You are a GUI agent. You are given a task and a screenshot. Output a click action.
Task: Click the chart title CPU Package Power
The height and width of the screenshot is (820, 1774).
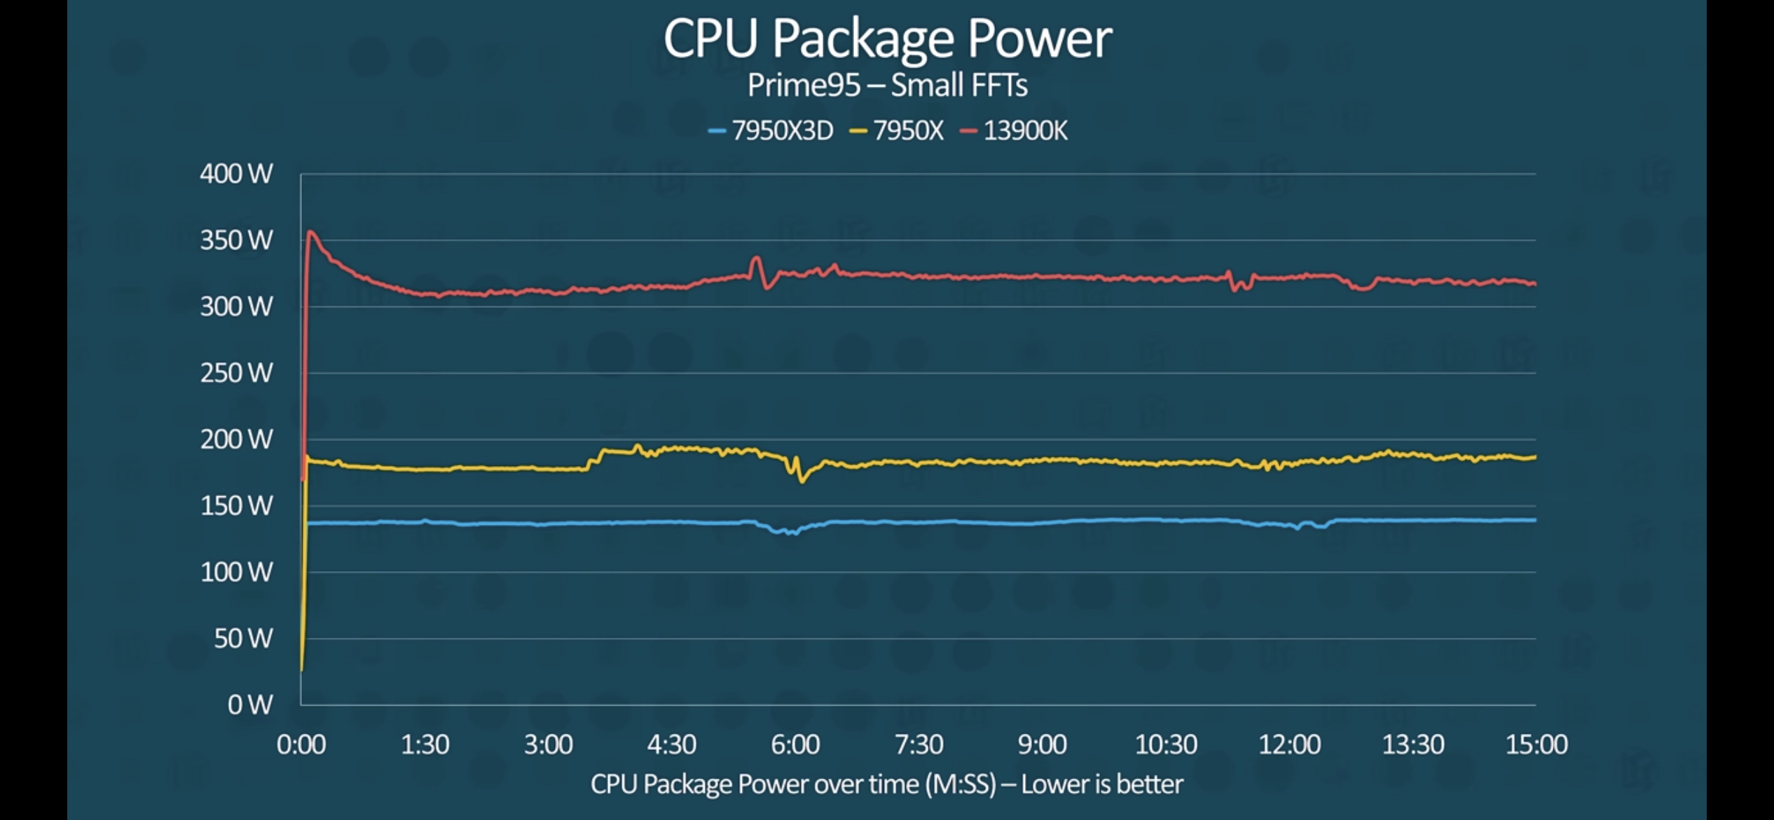coord(887,38)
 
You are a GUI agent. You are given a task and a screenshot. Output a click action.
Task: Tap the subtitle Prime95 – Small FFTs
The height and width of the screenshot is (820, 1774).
coord(887,86)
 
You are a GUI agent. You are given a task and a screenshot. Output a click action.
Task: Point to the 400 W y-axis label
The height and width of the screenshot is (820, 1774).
coord(236,174)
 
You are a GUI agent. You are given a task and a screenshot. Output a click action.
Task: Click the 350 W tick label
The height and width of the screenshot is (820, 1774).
coord(236,240)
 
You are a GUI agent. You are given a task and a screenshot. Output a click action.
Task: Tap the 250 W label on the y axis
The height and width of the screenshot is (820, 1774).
coord(236,373)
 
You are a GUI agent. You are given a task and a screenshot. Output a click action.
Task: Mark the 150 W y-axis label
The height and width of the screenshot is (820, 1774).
coord(236,505)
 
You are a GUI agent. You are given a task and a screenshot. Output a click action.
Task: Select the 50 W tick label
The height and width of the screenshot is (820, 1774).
coord(242,638)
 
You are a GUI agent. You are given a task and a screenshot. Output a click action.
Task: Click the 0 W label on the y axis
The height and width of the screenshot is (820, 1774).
coord(249,704)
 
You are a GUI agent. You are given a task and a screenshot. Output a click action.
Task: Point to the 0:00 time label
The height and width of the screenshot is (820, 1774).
coord(301,744)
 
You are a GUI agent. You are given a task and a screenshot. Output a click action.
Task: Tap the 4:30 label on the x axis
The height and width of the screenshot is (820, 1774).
coord(671,744)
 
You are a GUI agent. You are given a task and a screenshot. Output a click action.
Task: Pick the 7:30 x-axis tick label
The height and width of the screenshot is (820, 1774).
coord(919,744)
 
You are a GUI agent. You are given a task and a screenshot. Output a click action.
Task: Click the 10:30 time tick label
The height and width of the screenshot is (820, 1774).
coord(1166,744)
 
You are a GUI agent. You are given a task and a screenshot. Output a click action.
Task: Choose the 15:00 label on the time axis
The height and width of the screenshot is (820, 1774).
coord(1536,744)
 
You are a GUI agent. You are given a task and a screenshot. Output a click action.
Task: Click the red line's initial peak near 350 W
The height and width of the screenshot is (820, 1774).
coord(310,232)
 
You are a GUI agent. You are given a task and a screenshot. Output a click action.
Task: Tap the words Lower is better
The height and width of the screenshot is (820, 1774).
coord(1102,784)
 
